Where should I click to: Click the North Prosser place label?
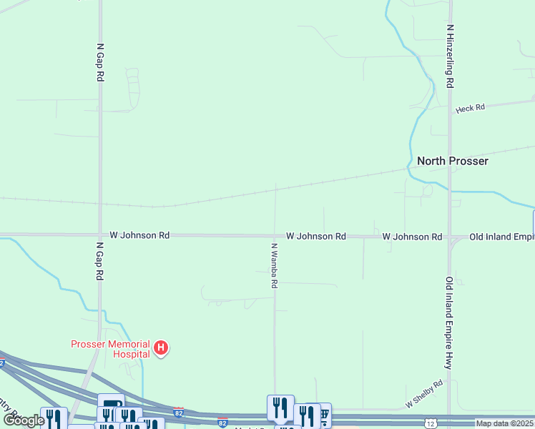click(452, 161)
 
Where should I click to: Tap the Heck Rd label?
click(470, 108)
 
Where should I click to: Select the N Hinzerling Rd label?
click(450, 56)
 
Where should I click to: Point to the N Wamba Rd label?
click(274, 265)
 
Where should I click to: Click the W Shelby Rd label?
click(424, 394)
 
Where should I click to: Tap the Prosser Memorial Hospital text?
click(110, 348)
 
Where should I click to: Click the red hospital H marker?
click(162, 348)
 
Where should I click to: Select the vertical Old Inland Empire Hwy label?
click(449, 322)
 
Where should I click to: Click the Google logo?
click(24, 420)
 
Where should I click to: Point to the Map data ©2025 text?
click(504, 423)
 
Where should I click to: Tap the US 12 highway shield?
click(430, 424)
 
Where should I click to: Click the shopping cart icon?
click(323, 413)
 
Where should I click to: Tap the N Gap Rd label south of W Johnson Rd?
click(99, 260)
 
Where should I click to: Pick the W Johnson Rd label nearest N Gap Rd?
click(139, 235)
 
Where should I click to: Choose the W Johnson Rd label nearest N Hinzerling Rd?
click(412, 236)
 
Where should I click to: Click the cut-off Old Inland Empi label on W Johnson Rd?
click(501, 236)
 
